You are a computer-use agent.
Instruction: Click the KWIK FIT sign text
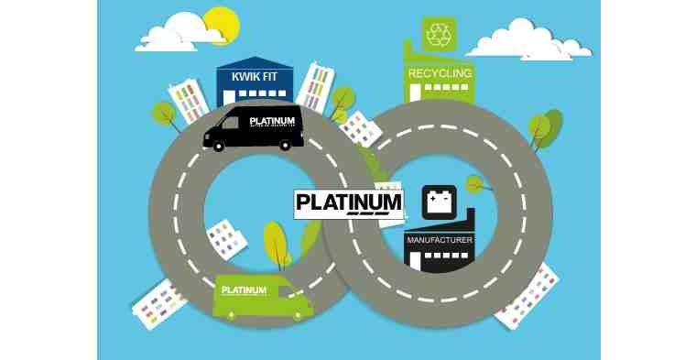[x=256, y=80]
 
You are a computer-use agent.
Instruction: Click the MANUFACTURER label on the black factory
[x=440, y=240]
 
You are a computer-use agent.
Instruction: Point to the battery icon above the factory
[x=439, y=202]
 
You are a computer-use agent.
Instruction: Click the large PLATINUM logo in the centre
[x=348, y=203]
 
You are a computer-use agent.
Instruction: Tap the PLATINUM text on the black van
[x=273, y=122]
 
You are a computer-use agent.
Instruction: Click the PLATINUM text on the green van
[x=244, y=290]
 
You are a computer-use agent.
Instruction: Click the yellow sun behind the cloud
[x=221, y=22]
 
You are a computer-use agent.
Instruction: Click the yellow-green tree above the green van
[x=275, y=244]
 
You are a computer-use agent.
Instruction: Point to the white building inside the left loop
[x=224, y=240]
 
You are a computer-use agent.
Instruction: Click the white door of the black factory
[x=415, y=261]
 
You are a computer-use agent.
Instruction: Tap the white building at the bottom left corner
[x=160, y=303]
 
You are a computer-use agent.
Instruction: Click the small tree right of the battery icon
[x=473, y=184]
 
